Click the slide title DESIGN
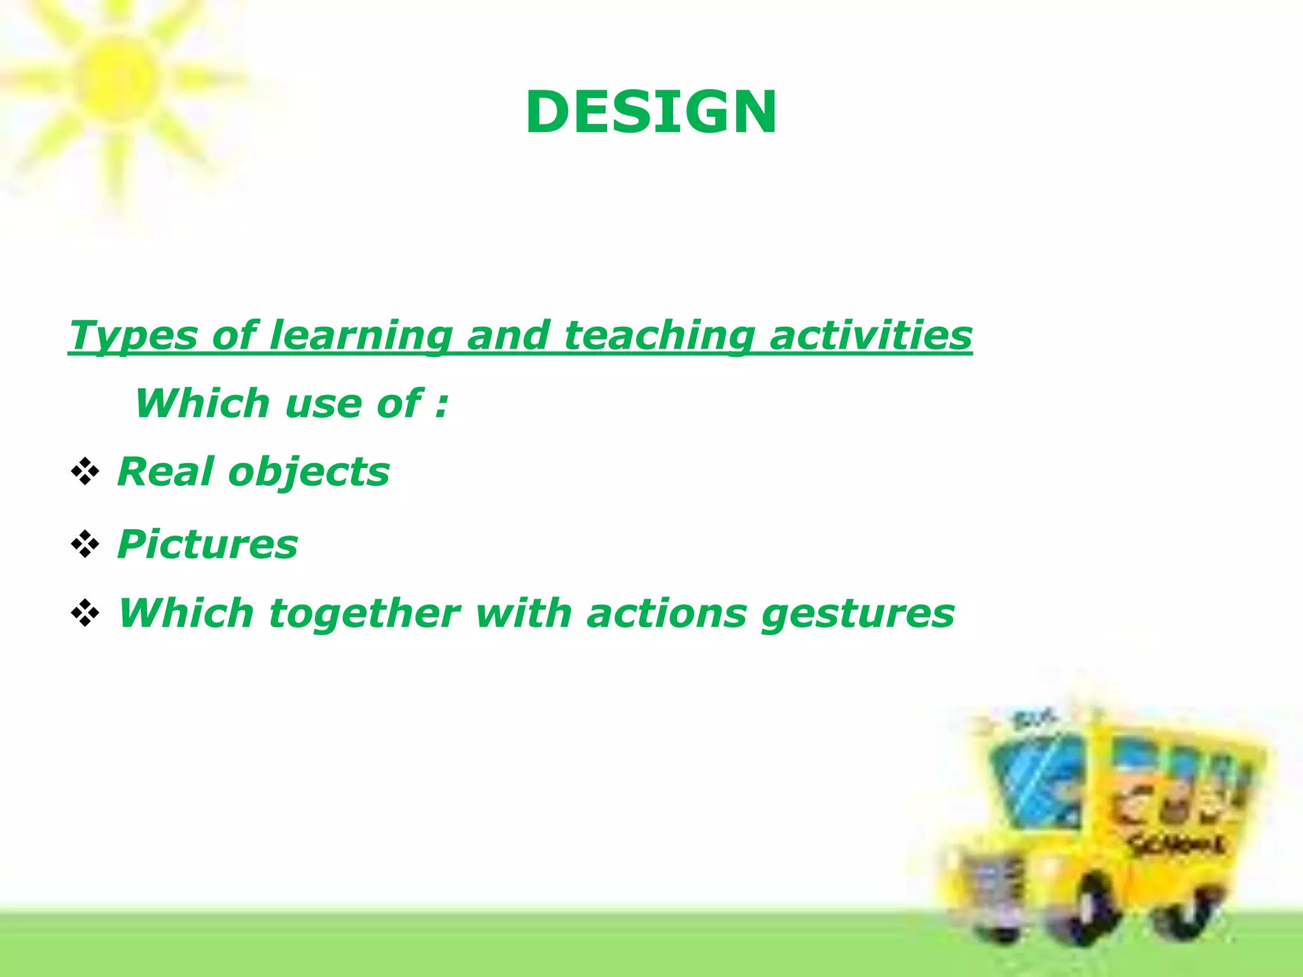[x=650, y=113]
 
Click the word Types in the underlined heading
[x=133, y=335]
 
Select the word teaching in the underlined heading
[x=659, y=335]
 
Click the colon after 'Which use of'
[x=442, y=405]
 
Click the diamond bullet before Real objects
[x=85, y=472]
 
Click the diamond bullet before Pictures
[x=85, y=544]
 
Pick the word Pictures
[x=207, y=544]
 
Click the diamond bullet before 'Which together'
[x=85, y=614]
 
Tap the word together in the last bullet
[x=364, y=614]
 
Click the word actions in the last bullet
[x=666, y=614]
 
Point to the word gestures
[x=858, y=615]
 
